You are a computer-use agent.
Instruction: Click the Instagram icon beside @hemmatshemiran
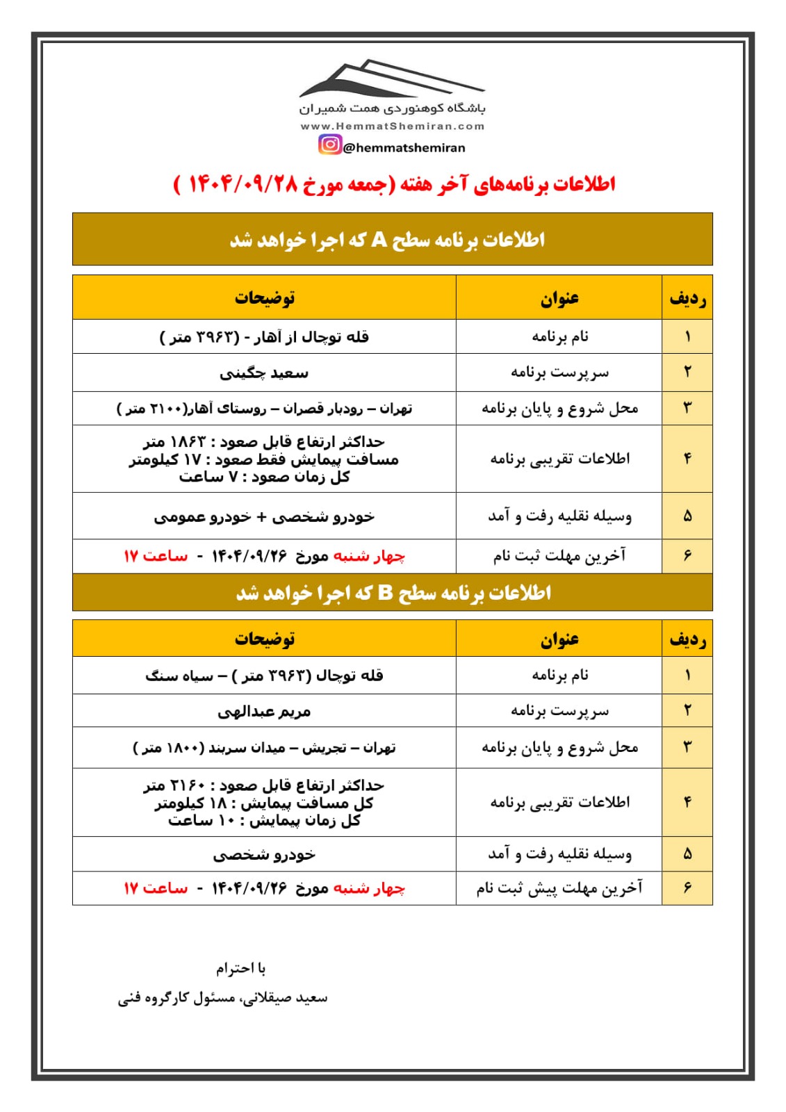tap(330, 145)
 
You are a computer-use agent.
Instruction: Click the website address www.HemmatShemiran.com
tap(392, 126)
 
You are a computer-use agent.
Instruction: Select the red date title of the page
tap(394, 184)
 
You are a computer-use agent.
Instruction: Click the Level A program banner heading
tap(392, 240)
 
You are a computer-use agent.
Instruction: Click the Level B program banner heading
tap(392, 593)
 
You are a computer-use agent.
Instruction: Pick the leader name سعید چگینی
tap(264, 373)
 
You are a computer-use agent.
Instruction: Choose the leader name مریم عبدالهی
tap(264, 712)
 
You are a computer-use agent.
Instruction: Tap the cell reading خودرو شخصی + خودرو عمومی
tap(264, 516)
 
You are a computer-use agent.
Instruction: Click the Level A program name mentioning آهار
tap(264, 337)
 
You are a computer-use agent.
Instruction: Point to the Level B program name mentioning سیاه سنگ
tap(264, 676)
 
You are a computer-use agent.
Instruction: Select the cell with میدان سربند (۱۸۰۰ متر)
tap(264, 748)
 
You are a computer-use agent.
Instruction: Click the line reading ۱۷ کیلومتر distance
tap(264, 459)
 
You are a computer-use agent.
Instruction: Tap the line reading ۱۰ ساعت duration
tap(264, 821)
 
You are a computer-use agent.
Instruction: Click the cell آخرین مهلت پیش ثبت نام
tap(559, 888)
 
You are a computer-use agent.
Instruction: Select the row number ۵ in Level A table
tap(687, 516)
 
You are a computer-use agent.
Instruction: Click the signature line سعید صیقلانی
tap(222, 998)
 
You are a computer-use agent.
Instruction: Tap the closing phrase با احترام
tap(240, 968)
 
